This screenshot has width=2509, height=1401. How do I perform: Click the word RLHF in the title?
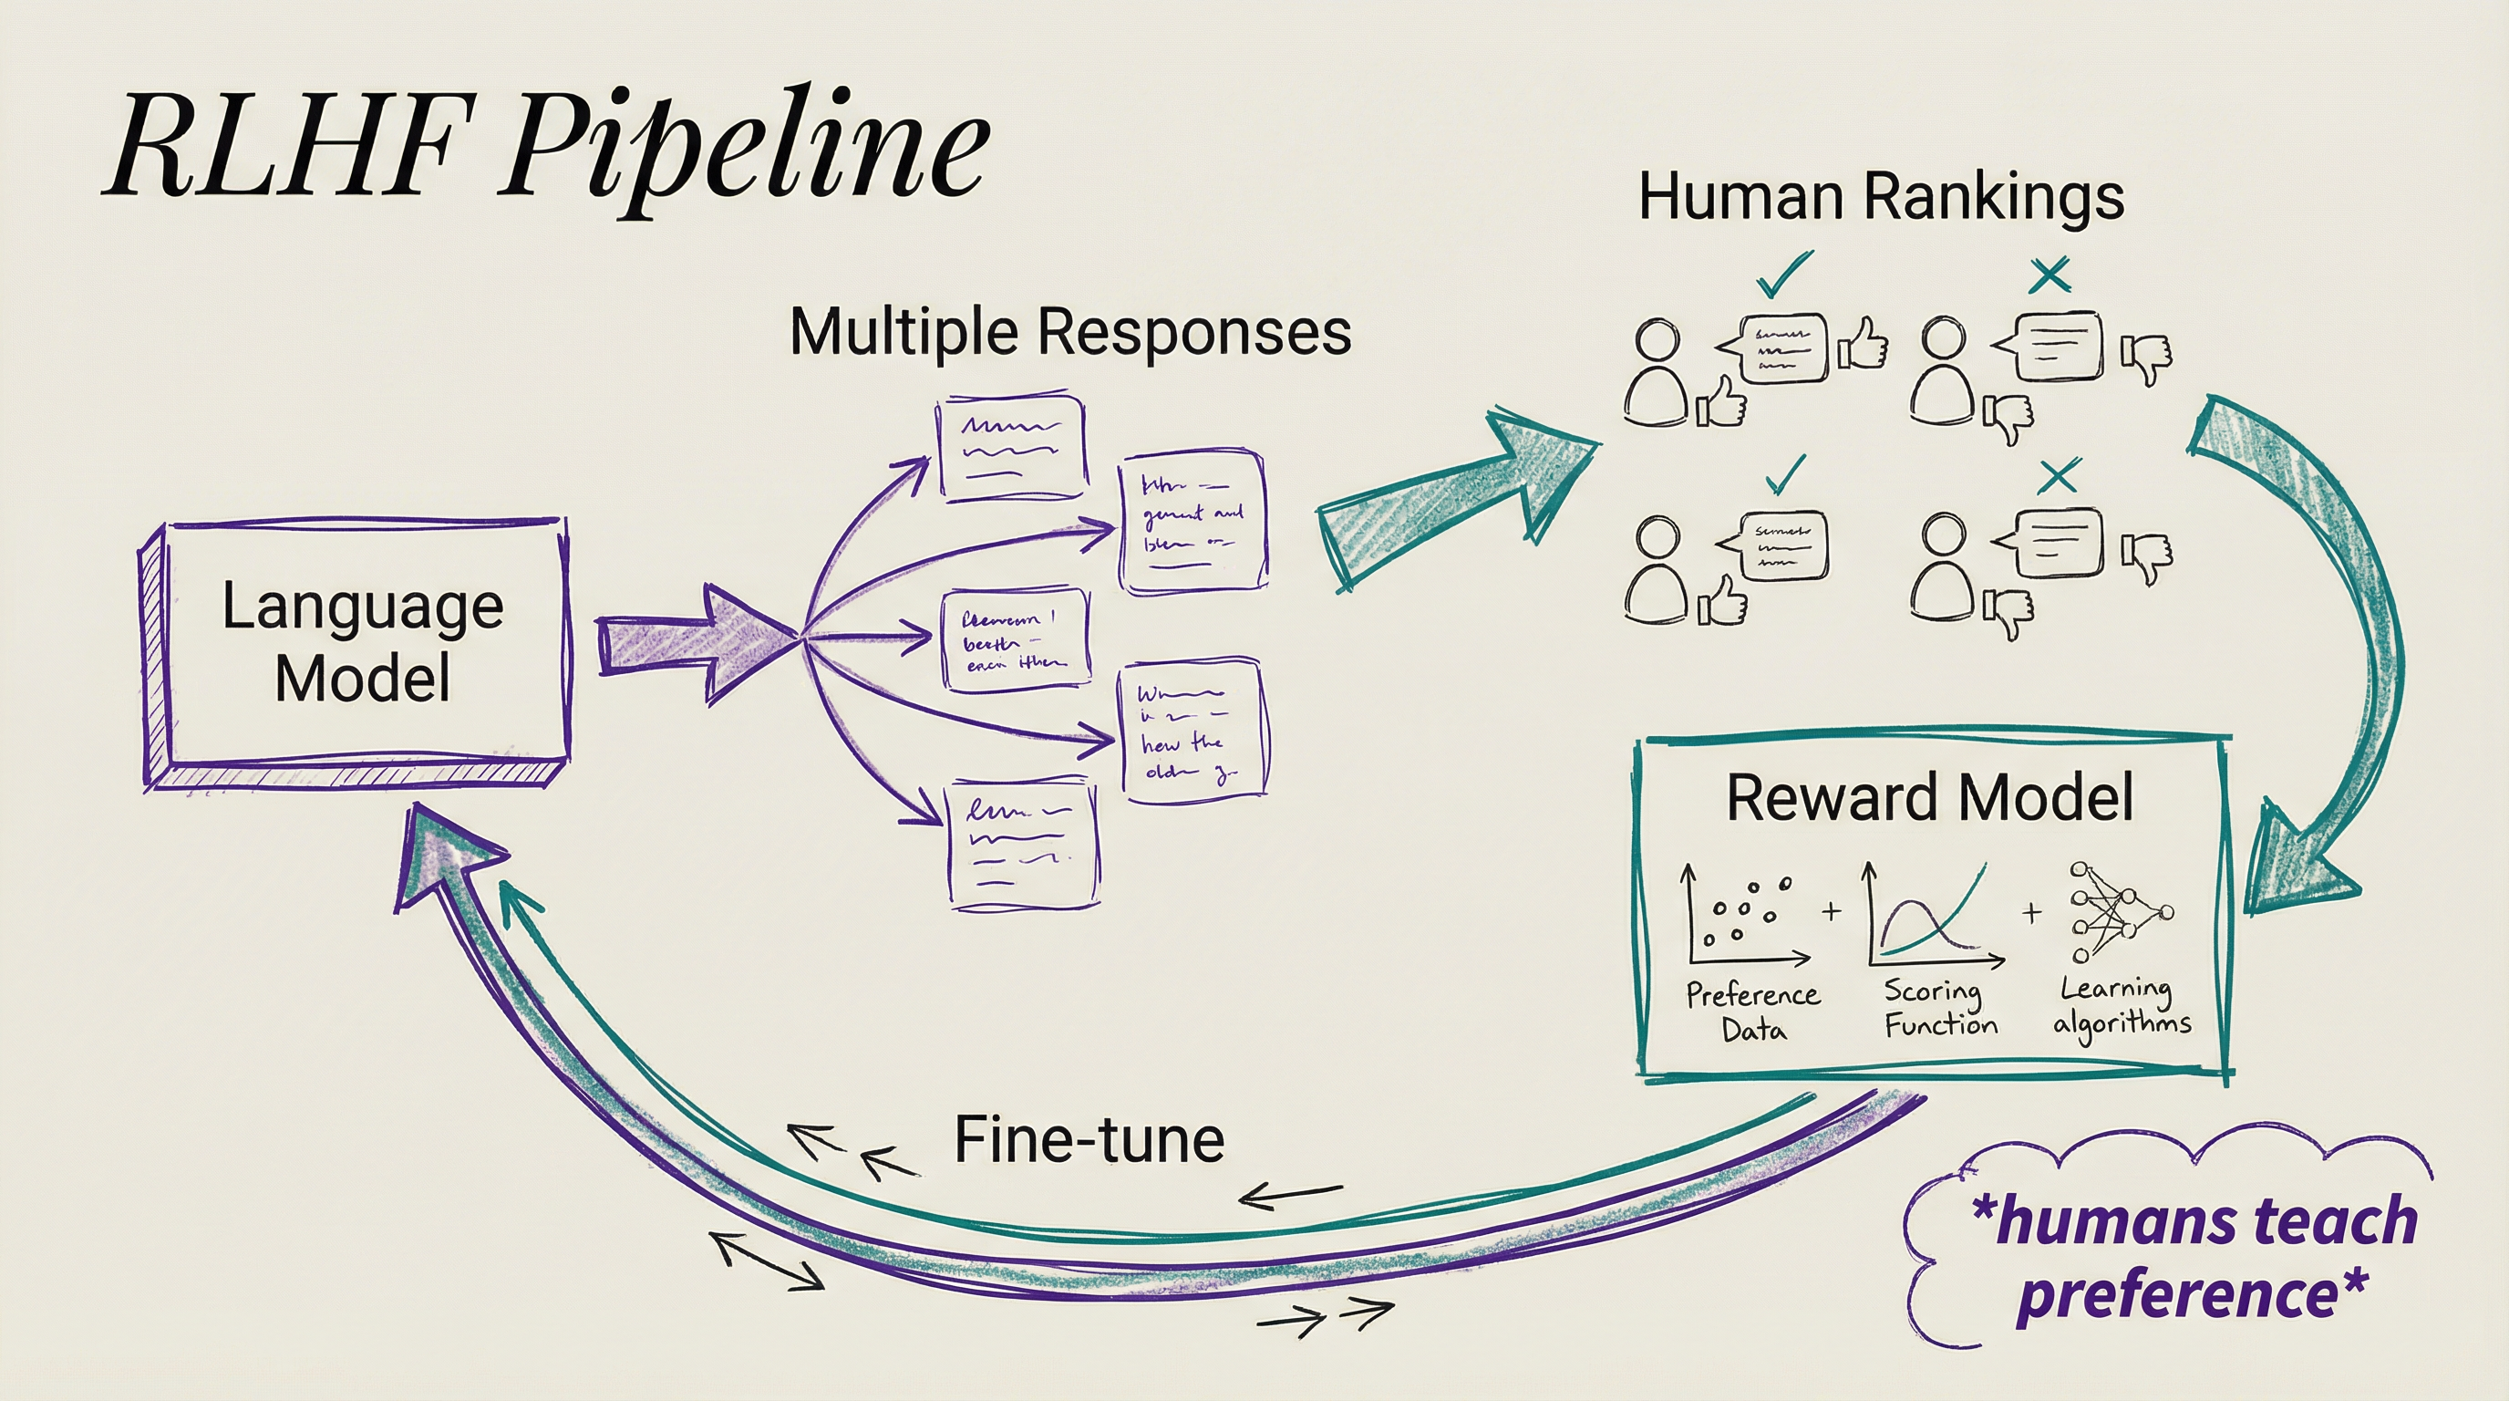point(283,146)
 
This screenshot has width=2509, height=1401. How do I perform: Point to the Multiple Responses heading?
point(1069,331)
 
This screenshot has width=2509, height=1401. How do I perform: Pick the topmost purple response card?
point(1011,448)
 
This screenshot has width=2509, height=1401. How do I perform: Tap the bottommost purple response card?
point(1023,846)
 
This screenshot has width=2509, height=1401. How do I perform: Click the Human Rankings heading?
point(1880,197)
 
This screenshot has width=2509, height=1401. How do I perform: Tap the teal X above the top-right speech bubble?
point(2051,275)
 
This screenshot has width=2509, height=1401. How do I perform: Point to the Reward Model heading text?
point(1928,797)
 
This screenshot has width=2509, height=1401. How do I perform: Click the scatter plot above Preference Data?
point(1743,916)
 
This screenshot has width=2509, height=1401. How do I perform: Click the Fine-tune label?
point(1088,1139)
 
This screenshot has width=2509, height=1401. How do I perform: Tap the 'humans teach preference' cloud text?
point(2192,1257)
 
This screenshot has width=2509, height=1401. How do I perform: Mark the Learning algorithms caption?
point(2122,1005)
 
